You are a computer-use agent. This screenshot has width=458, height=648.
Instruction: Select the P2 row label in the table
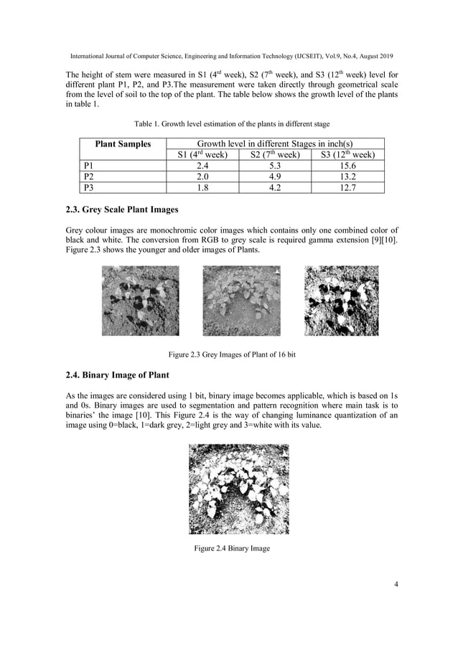click(89, 177)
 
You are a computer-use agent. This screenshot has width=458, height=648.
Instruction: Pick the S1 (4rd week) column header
click(202, 155)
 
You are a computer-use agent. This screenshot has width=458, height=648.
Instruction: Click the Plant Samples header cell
click(123, 144)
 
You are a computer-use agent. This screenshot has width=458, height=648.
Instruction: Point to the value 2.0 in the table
click(202, 177)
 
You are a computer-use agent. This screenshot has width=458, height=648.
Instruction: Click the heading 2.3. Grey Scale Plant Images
click(122, 210)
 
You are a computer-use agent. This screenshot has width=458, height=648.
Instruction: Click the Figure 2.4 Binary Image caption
click(230, 549)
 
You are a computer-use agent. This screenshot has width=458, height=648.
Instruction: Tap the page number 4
click(396, 583)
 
